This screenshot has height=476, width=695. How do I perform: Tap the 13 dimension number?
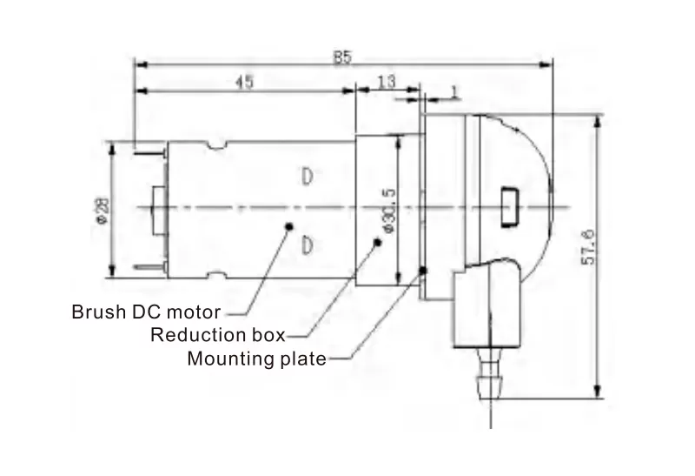point(387,81)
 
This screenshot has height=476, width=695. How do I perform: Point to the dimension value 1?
point(456,90)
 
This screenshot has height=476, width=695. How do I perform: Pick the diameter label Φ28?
point(102,210)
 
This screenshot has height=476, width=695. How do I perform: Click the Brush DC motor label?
point(146,312)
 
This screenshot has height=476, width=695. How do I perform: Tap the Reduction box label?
point(218,335)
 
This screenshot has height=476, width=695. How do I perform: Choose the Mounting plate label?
point(256,358)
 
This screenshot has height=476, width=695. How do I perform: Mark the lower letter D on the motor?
point(307,245)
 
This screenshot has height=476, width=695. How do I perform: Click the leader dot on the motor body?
point(288,226)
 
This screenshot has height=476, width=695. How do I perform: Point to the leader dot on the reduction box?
point(377,245)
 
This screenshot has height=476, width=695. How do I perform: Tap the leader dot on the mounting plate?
point(423,271)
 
